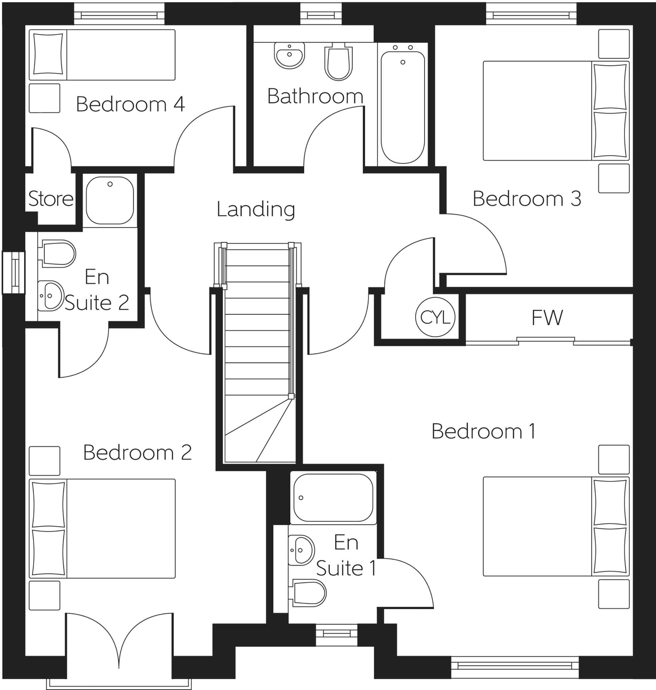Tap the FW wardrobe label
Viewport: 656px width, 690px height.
pyautogui.click(x=547, y=318)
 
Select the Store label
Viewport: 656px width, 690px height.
pyautogui.click(x=51, y=199)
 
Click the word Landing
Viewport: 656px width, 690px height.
pyautogui.click(x=256, y=209)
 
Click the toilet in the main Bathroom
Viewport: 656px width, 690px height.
pyautogui.click(x=338, y=63)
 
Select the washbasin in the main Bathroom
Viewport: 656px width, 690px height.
pyautogui.click(x=289, y=55)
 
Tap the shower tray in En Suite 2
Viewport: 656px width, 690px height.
pyautogui.click(x=110, y=200)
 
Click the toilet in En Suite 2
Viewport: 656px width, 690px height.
pyautogui.click(x=59, y=254)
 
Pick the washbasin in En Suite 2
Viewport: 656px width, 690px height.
pyautogui.click(x=50, y=296)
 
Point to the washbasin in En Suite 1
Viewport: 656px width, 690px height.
pyautogui.click(x=301, y=550)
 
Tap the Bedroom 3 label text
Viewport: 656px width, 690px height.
pyautogui.click(x=527, y=199)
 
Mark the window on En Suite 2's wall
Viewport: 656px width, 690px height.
pyautogui.click(x=14, y=272)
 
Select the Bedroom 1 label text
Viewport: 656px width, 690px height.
pyautogui.click(x=483, y=431)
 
